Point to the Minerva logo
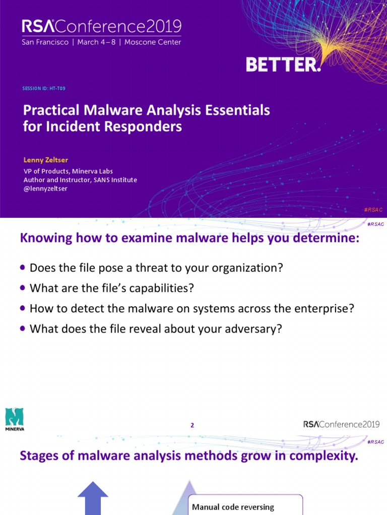point(15,419)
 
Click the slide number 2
point(192,425)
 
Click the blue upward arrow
point(93,498)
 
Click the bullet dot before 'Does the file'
point(23,268)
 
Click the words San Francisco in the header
point(45,42)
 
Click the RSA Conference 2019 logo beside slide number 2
point(341,424)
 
